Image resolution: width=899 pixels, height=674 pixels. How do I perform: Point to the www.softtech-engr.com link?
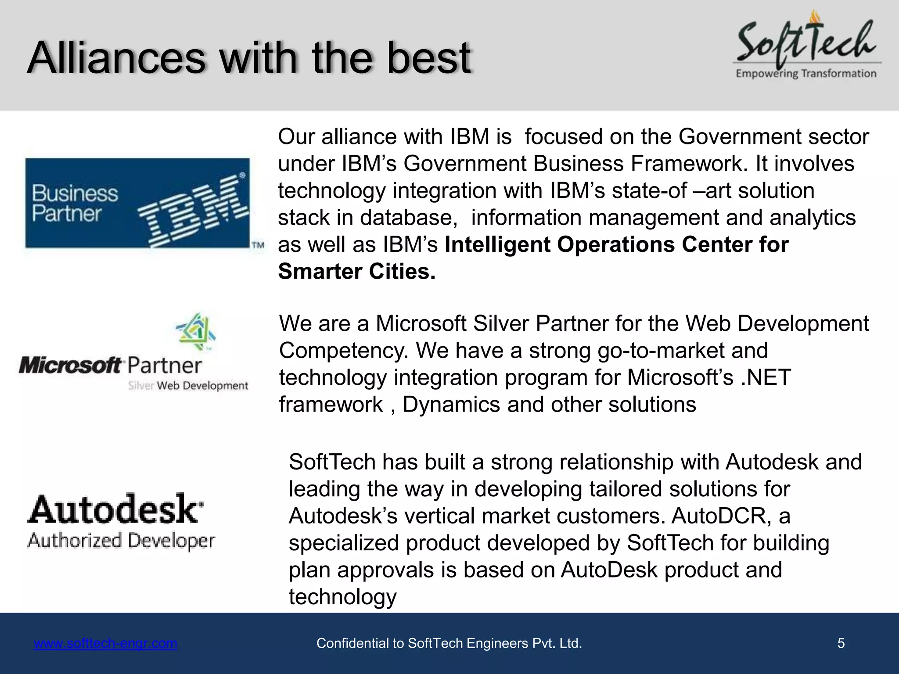(105, 643)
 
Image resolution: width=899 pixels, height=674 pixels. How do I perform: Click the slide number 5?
(841, 643)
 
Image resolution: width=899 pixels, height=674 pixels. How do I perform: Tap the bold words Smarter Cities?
(356, 271)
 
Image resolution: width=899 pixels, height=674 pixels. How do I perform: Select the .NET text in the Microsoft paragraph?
(766, 377)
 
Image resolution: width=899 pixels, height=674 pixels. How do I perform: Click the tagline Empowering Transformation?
(806, 73)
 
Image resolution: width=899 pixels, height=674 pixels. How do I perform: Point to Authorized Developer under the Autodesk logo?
(121, 541)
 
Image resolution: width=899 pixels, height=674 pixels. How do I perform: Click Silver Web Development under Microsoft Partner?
(188, 386)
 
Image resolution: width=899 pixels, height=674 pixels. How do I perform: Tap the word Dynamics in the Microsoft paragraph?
(451, 404)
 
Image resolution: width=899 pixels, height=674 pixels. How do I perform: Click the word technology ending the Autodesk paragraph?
(342, 597)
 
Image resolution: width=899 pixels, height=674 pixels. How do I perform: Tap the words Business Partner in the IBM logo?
(75, 203)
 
